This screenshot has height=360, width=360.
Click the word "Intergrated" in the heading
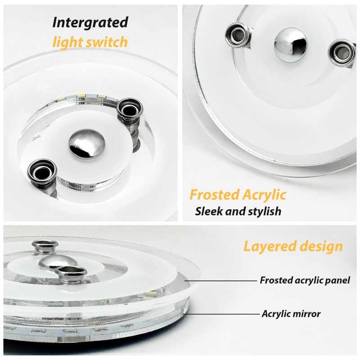coord(90,22)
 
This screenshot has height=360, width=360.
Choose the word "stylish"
coord(263,211)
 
